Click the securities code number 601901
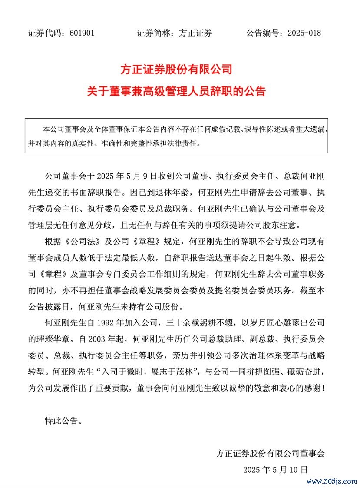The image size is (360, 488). click(82, 33)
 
